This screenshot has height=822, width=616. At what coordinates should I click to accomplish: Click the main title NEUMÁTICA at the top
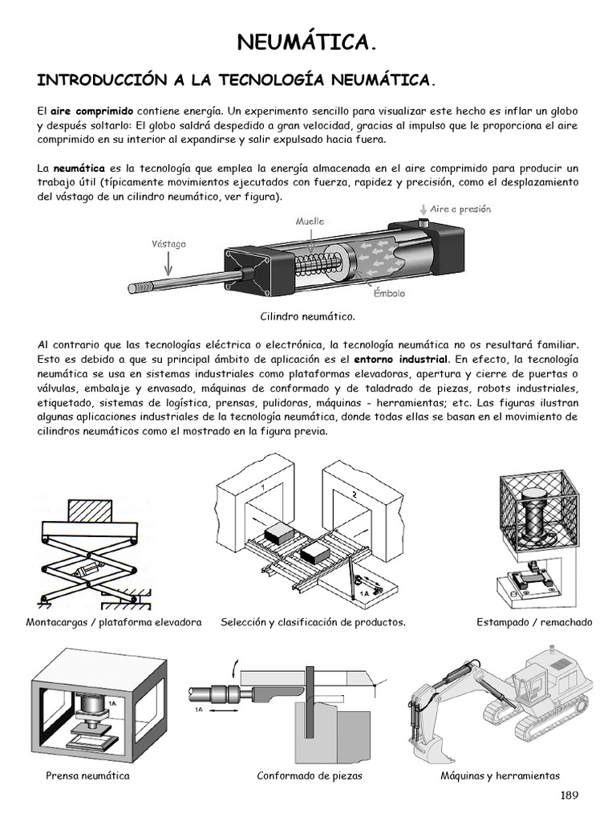308,43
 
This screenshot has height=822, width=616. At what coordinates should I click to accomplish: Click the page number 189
569,796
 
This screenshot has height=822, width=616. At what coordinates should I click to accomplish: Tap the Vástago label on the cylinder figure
168,242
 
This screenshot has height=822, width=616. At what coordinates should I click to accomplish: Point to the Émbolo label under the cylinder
389,294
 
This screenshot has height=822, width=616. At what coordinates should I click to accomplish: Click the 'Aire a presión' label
460,209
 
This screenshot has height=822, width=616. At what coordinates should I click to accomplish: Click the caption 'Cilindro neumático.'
307,317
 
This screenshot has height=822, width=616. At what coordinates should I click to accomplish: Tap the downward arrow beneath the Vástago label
167,262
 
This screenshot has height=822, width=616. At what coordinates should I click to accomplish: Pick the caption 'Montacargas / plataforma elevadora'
114,622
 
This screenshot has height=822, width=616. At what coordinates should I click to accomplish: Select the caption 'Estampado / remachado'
534,622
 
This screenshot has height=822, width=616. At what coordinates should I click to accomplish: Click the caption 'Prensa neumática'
87,775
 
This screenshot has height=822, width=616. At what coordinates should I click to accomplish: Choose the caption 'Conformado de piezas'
310,775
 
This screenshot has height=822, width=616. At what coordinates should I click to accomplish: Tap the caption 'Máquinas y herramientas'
500,775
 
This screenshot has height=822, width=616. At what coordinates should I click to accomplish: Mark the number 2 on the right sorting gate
355,494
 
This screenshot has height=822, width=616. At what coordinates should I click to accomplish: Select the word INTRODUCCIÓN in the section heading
100,81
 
